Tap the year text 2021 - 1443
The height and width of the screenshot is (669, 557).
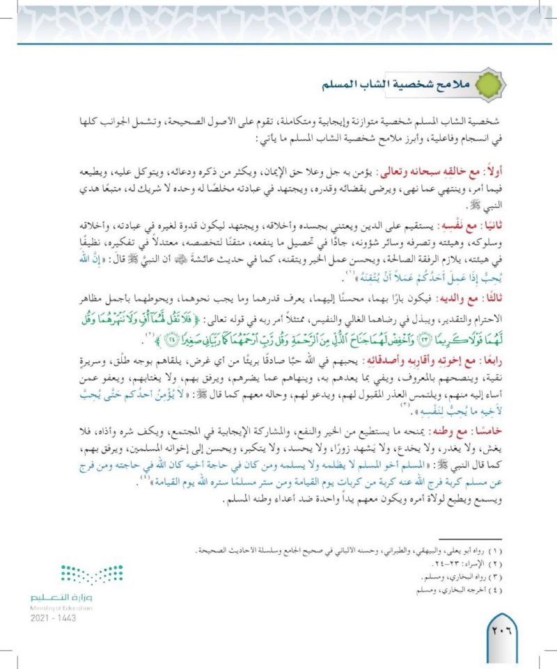[x=52, y=618]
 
